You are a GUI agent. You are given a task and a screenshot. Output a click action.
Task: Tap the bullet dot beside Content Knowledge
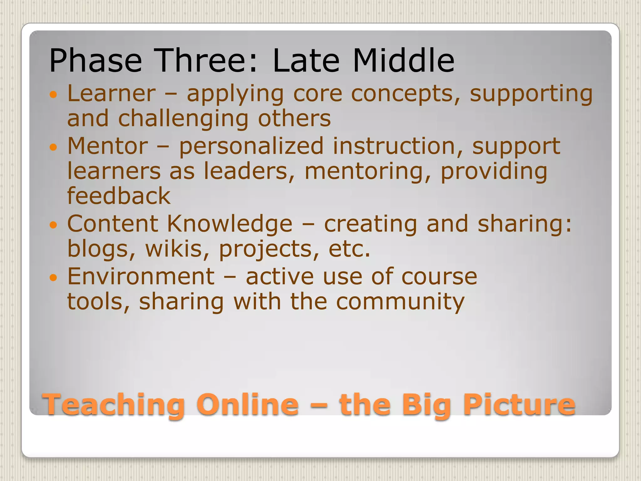coord(54,225)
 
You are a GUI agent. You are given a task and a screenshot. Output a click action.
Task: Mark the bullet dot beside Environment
coord(54,277)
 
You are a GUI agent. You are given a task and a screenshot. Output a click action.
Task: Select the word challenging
coord(183,119)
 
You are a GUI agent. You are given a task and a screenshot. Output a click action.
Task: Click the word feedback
coord(119,196)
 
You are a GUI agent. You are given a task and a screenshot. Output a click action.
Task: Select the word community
coord(400,302)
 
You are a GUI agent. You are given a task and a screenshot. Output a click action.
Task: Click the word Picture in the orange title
coord(520,405)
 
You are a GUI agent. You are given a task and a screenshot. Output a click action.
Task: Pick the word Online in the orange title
coord(247,405)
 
